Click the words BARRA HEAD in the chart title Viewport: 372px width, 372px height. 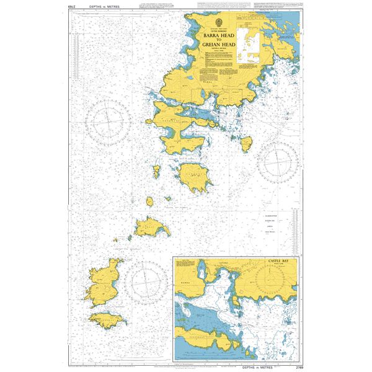(214, 37)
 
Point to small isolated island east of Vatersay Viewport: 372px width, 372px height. (246, 145)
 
